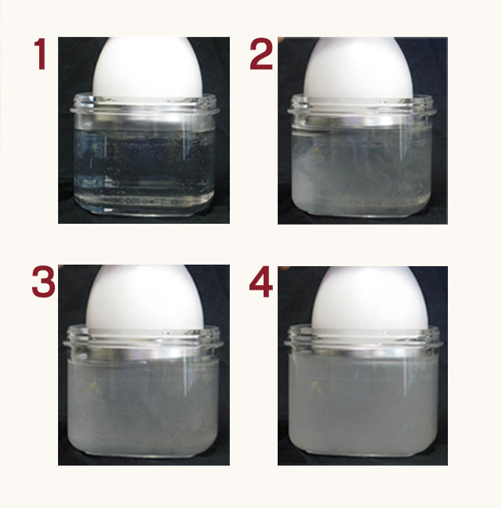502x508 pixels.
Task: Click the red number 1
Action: point(40,53)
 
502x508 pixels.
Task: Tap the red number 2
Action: point(261,53)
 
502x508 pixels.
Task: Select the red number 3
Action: point(43,282)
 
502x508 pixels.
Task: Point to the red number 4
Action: point(261,282)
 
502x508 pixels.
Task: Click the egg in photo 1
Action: point(148,68)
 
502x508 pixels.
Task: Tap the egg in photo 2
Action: point(358,68)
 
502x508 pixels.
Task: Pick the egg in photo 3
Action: point(144,298)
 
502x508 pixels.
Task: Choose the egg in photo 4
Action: point(371,298)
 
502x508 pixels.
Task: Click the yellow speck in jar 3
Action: point(94,386)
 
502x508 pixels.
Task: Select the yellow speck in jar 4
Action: point(315,386)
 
